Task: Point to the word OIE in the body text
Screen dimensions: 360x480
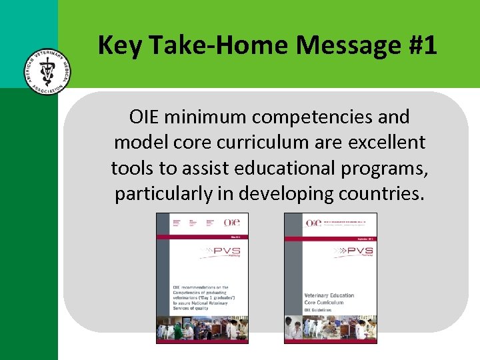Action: point(145,117)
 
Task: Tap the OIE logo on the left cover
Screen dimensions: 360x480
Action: point(232,222)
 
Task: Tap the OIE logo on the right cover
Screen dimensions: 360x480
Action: point(312,222)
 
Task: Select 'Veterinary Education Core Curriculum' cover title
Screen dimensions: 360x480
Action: point(329,299)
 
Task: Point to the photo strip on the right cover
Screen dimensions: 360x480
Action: point(331,329)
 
